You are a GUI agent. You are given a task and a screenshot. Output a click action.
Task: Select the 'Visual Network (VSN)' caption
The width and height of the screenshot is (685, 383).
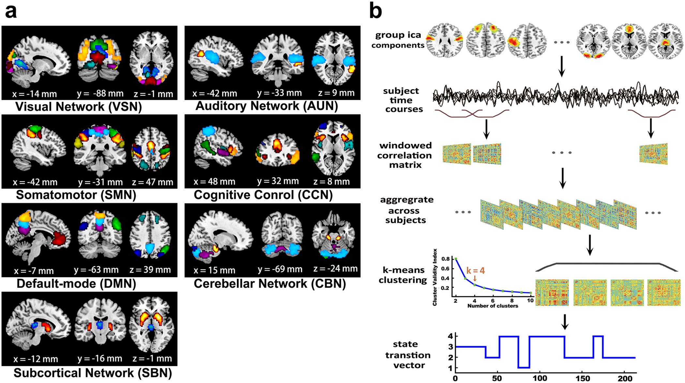click(x=79, y=107)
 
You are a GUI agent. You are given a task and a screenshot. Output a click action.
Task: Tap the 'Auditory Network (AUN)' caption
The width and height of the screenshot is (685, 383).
click(x=266, y=106)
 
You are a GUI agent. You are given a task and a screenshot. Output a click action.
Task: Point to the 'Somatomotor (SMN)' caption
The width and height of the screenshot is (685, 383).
click(x=76, y=195)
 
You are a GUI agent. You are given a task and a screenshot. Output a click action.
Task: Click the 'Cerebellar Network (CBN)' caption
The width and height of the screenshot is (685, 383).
click(x=270, y=283)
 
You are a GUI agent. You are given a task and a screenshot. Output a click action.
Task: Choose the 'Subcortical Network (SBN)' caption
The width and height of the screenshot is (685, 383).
click(x=93, y=373)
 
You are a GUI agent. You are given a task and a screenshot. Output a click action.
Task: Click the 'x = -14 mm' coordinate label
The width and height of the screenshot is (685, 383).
click(x=35, y=94)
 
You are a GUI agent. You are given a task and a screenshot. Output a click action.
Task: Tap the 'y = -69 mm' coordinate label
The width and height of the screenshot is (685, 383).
click(x=280, y=269)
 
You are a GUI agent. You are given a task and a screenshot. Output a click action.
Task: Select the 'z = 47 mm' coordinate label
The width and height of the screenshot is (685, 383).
click(x=152, y=182)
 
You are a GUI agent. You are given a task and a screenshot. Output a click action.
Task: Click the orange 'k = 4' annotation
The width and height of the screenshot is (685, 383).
click(x=475, y=271)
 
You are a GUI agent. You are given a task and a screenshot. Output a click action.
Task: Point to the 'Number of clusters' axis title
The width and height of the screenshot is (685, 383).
click(x=493, y=306)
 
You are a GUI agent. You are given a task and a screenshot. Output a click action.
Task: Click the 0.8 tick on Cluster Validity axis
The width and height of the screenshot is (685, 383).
click(x=445, y=259)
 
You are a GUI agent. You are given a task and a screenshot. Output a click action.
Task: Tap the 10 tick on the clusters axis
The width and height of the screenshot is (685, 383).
click(x=530, y=300)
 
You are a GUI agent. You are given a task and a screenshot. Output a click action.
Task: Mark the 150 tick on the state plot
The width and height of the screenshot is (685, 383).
click(x=583, y=378)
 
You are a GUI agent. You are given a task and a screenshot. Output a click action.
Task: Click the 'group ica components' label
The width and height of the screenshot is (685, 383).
click(x=398, y=40)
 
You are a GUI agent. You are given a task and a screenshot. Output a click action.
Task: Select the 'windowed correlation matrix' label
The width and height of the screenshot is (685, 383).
click(x=404, y=155)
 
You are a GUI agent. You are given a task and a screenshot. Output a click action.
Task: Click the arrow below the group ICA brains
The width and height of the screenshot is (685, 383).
click(x=561, y=67)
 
